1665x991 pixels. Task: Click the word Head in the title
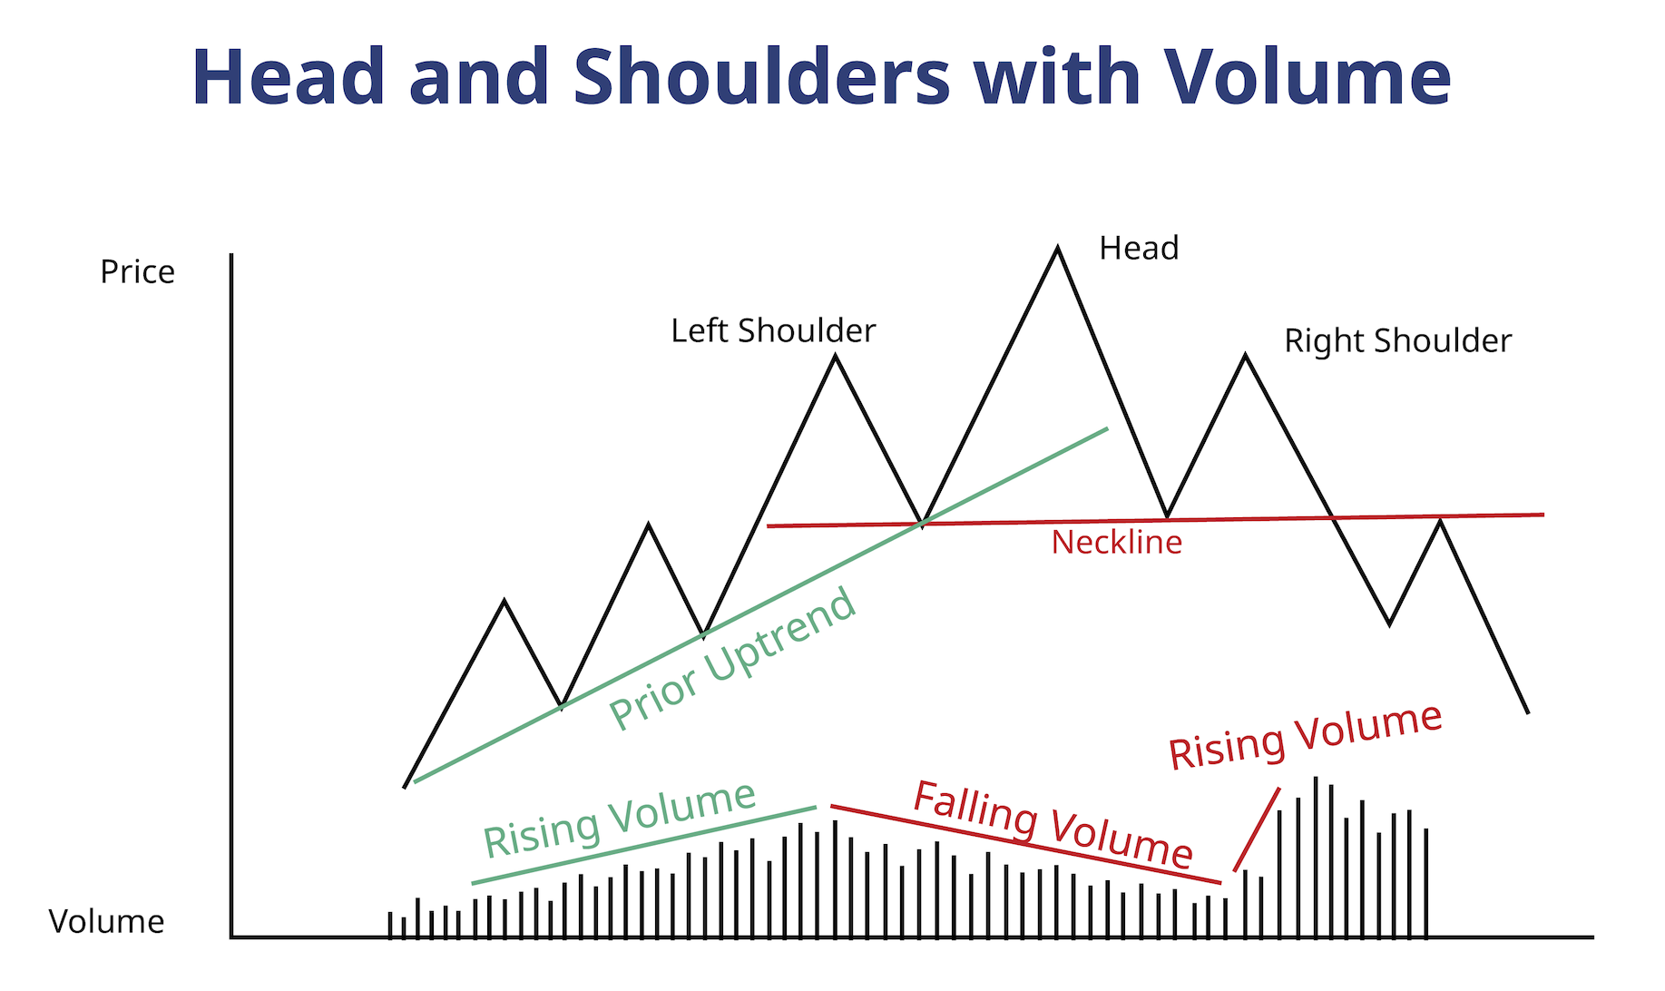click(x=289, y=77)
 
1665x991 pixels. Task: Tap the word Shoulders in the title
click(x=762, y=77)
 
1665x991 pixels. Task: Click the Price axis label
click(x=137, y=272)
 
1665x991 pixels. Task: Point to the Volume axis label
click(x=106, y=922)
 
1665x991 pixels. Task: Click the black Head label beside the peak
click(x=1139, y=249)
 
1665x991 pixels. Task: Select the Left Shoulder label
click(x=773, y=331)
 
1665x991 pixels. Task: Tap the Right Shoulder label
click(x=1397, y=342)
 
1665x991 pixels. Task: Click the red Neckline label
click(x=1117, y=543)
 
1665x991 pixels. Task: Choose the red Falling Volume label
click(x=1053, y=825)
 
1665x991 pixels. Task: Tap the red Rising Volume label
click(x=1305, y=737)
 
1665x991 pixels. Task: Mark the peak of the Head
click(x=1057, y=247)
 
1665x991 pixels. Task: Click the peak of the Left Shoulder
click(x=835, y=356)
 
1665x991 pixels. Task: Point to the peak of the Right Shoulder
click(x=1245, y=355)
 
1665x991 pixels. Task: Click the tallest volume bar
click(x=1315, y=857)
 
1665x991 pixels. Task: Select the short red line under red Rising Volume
click(x=1257, y=829)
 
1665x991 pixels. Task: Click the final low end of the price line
click(x=1528, y=712)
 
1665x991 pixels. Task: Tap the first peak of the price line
click(x=504, y=601)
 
